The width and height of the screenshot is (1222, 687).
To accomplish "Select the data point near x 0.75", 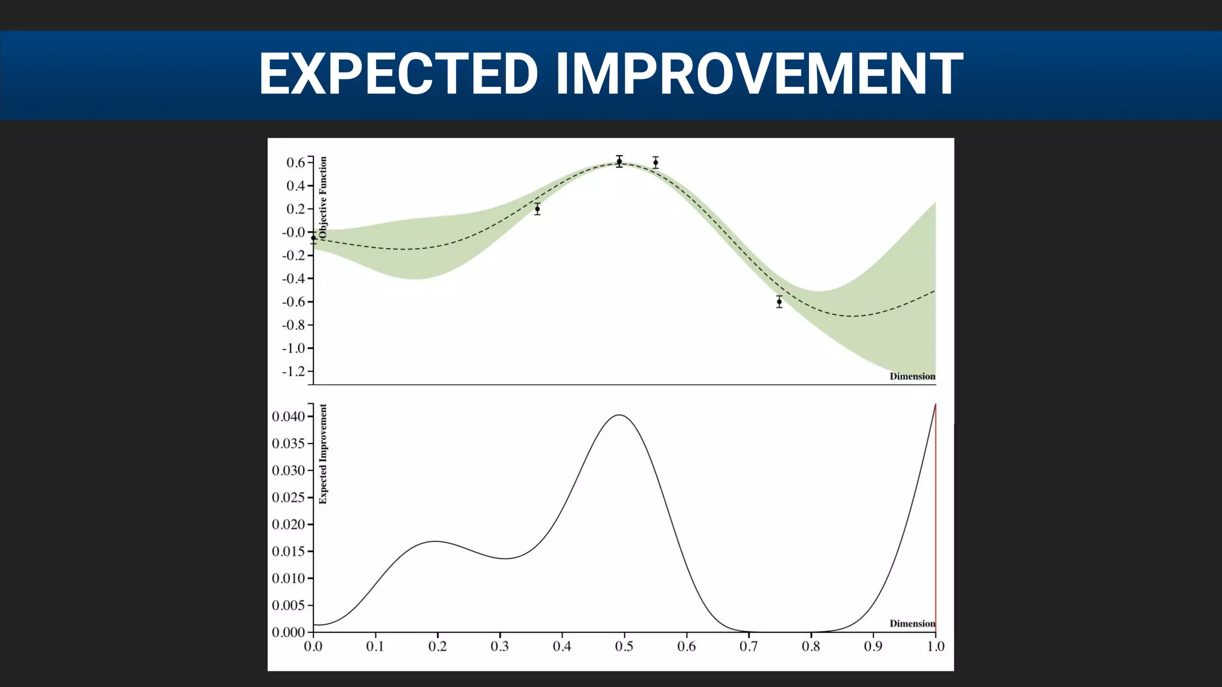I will tap(779, 302).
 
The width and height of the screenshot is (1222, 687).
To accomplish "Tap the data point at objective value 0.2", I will tap(537, 209).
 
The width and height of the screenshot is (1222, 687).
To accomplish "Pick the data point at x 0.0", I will tap(313, 238).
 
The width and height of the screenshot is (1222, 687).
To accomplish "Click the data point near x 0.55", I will tap(655, 162).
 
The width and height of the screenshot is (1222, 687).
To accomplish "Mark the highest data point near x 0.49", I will tap(619, 162).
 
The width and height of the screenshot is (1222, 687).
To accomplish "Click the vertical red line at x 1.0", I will tap(936, 519).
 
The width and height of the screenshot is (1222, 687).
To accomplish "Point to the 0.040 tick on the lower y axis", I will tap(289, 416).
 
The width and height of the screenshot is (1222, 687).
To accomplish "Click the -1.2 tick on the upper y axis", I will tap(294, 372).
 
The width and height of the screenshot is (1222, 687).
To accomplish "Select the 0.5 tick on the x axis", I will tap(624, 646).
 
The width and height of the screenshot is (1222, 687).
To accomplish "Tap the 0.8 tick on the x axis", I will tap(811, 646).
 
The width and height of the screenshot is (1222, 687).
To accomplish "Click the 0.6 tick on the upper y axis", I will tap(296, 162).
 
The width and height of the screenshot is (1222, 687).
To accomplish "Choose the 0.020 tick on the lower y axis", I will tap(289, 524).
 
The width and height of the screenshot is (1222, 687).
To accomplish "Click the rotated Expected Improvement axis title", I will tap(323, 454).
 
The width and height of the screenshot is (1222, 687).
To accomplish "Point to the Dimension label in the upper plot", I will tap(912, 376).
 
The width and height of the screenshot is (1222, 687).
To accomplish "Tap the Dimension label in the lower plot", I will tap(912, 624).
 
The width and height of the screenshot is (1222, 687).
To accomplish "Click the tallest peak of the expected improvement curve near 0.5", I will tap(620, 415).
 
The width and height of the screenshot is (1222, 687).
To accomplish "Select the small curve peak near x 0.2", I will tap(436, 541).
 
